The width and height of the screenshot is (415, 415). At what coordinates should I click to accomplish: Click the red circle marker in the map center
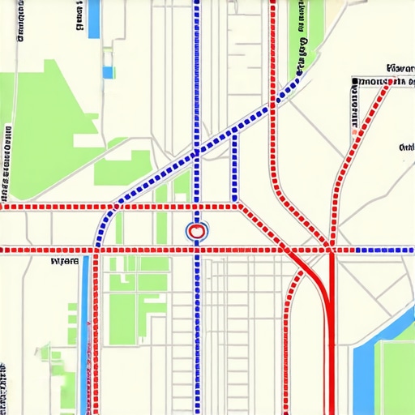pyautogui.click(x=196, y=233)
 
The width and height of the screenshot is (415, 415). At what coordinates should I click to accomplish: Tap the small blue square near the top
pyautogui.click(x=108, y=72)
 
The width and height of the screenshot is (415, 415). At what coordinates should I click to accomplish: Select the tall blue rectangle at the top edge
pyautogui.click(x=94, y=18)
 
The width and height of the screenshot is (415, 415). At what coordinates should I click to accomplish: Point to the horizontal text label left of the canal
pyautogui.click(x=65, y=262)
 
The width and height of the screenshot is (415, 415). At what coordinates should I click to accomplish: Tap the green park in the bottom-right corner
pyautogui.click(x=399, y=377)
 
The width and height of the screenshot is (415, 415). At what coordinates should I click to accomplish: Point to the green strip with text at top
pyautogui.click(x=302, y=32)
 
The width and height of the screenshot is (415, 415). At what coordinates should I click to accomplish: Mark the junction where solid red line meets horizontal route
pyautogui.click(x=331, y=250)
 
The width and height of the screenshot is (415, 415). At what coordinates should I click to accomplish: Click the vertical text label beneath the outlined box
pyautogui.click(x=355, y=109)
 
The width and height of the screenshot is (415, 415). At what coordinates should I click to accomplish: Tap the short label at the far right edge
pyautogui.click(x=407, y=148)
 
